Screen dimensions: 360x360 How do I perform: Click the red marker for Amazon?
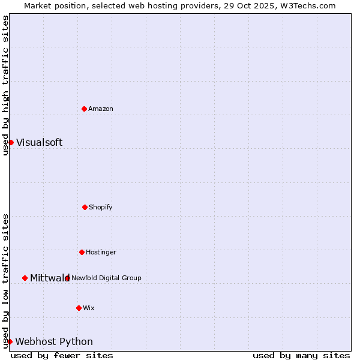click(x=84, y=109)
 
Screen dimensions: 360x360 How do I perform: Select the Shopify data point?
click(x=85, y=207)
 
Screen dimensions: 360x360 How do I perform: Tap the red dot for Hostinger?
click(x=82, y=252)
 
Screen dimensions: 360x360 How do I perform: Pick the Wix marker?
click(x=79, y=308)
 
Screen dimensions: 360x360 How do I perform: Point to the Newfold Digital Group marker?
click(x=67, y=278)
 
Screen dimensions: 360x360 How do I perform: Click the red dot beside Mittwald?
click(x=25, y=278)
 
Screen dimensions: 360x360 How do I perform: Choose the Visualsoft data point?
click(x=11, y=142)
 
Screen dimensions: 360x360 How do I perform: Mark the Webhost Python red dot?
click(x=10, y=341)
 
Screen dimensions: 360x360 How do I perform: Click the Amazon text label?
click(x=101, y=109)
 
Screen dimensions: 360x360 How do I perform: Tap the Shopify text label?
click(x=101, y=207)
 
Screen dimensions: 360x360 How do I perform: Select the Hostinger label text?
click(x=101, y=252)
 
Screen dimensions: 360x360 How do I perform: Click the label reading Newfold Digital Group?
click(x=106, y=278)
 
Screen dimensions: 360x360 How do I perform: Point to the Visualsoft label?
click(x=39, y=142)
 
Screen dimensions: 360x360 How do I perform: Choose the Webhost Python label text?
click(x=54, y=341)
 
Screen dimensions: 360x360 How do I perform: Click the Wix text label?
click(x=89, y=308)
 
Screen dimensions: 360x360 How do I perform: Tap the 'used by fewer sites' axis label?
click(x=62, y=355)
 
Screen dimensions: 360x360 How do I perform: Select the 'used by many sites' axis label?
click(x=301, y=355)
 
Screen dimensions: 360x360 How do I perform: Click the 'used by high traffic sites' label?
click(x=5, y=85)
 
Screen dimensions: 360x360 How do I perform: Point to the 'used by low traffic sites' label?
click(x=5, y=281)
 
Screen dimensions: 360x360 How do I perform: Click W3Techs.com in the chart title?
click(x=306, y=5)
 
